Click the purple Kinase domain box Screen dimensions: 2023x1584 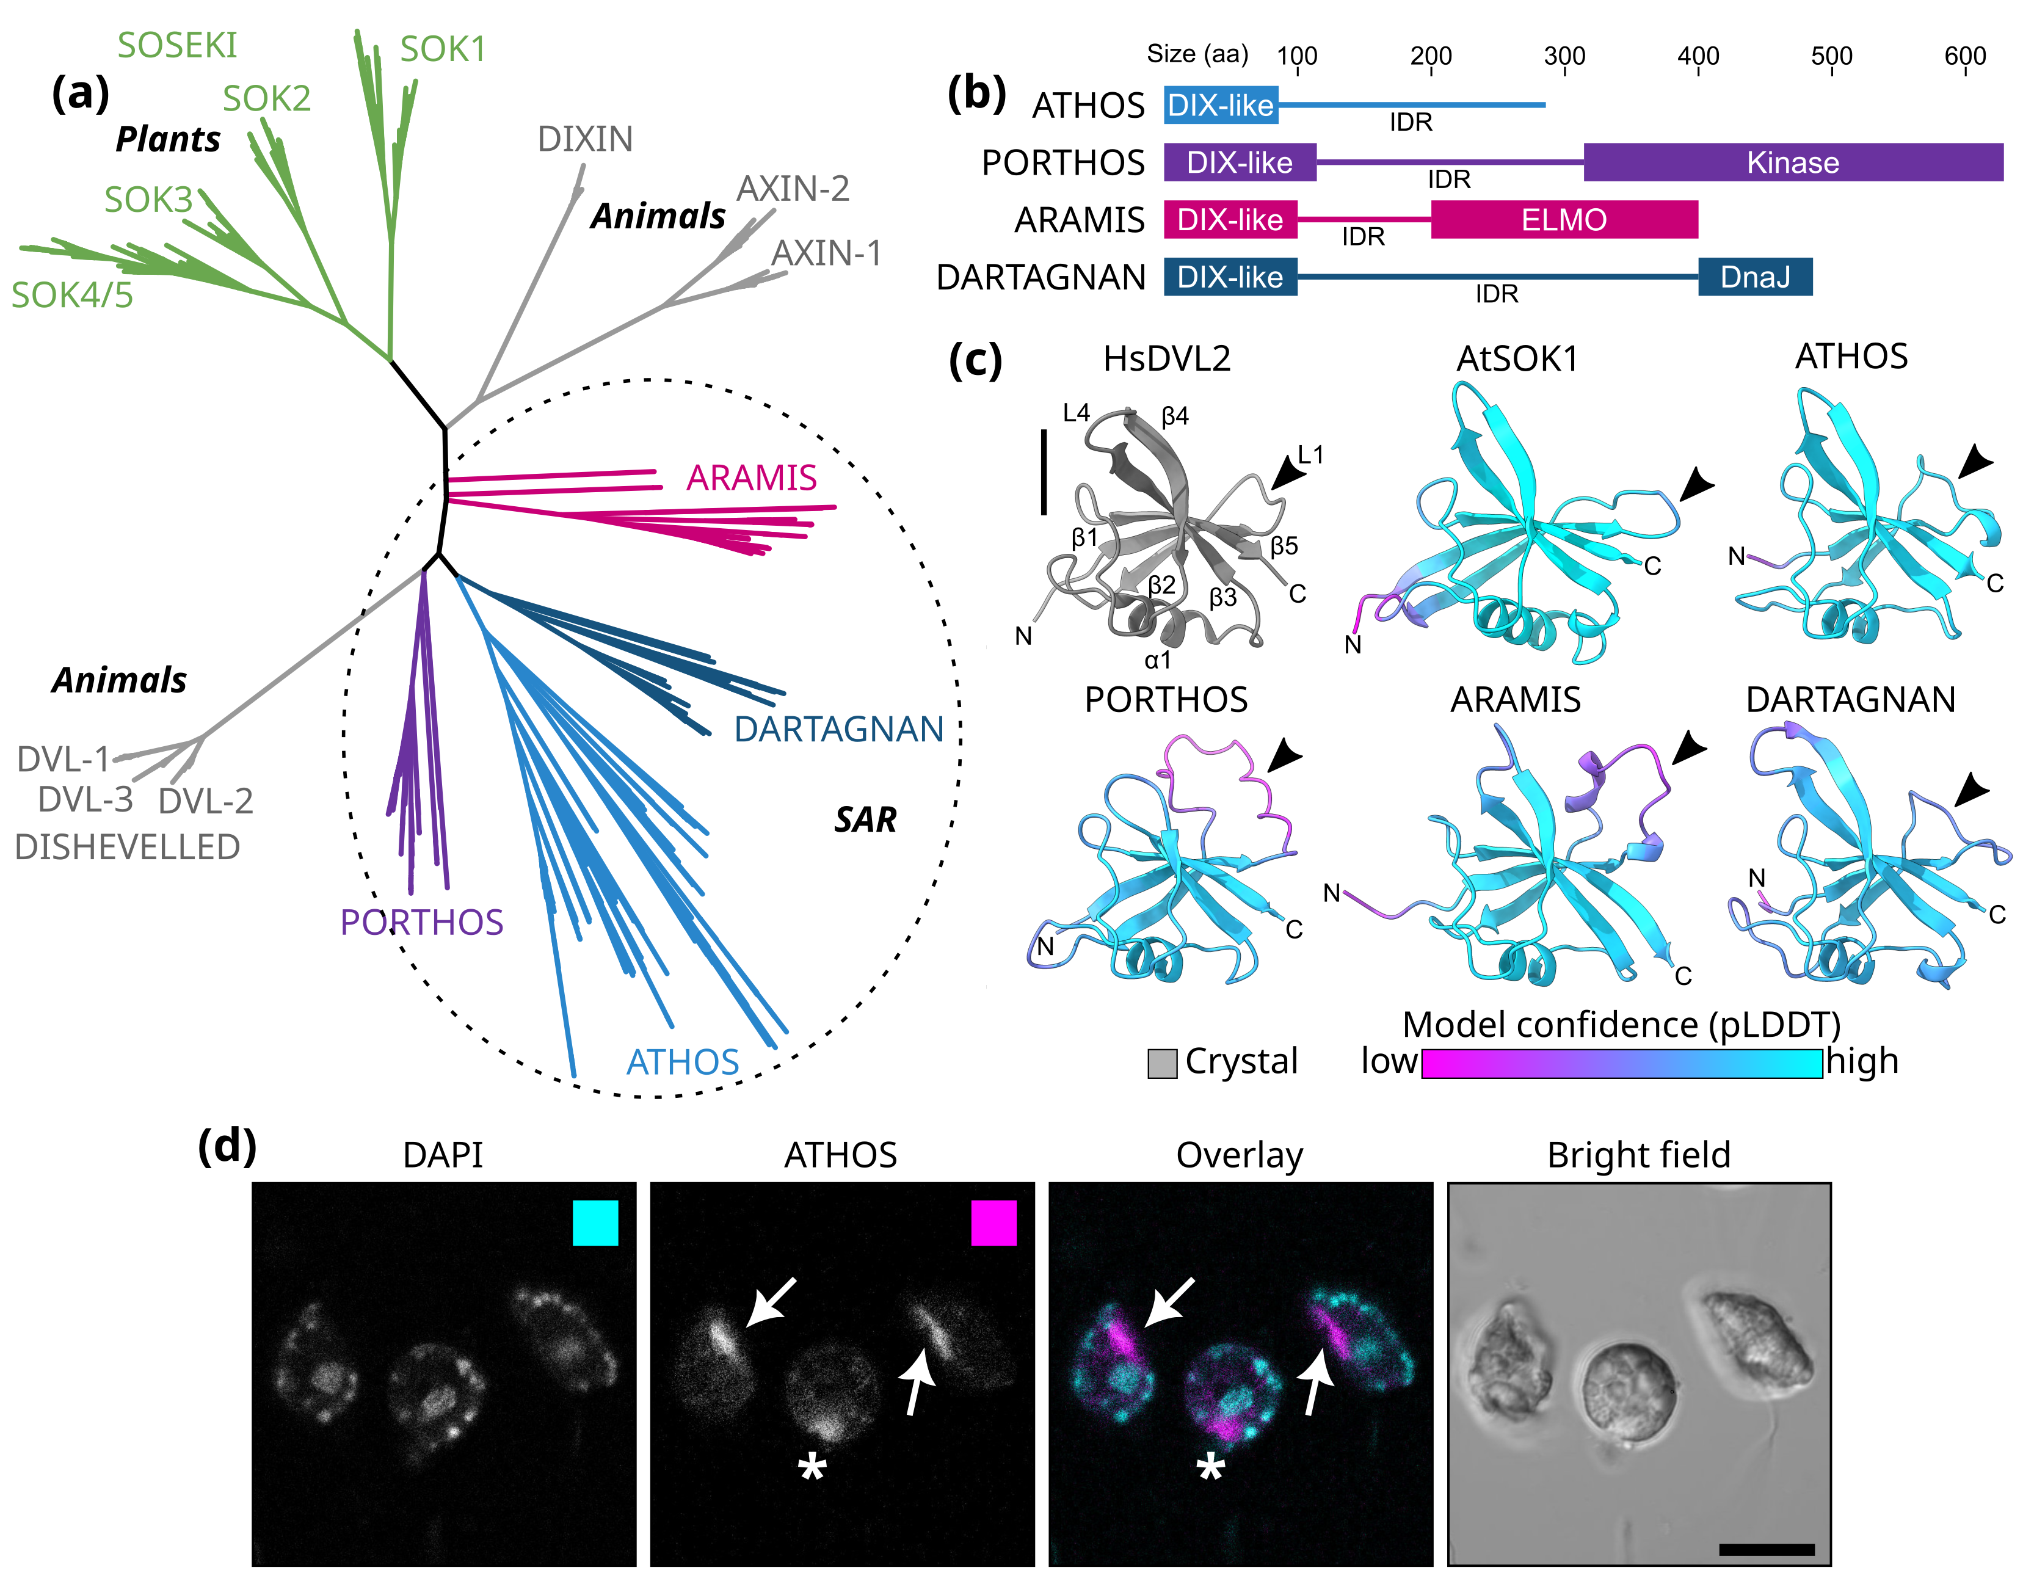click(1793, 162)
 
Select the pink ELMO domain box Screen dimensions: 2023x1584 click(1564, 220)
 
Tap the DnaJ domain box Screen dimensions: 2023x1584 click(1755, 277)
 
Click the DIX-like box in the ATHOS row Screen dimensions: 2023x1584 click(1221, 105)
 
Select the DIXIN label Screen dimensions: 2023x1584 click(585, 139)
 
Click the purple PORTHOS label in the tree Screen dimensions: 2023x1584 click(422, 922)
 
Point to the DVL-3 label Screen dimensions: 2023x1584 click(85, 799)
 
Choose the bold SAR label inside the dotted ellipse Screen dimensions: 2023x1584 click(865, 820)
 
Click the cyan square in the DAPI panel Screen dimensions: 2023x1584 click(595, 1223)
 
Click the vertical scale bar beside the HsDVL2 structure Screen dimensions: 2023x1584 click(1044, 471)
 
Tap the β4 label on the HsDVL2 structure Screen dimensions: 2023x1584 click(1175, 416)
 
